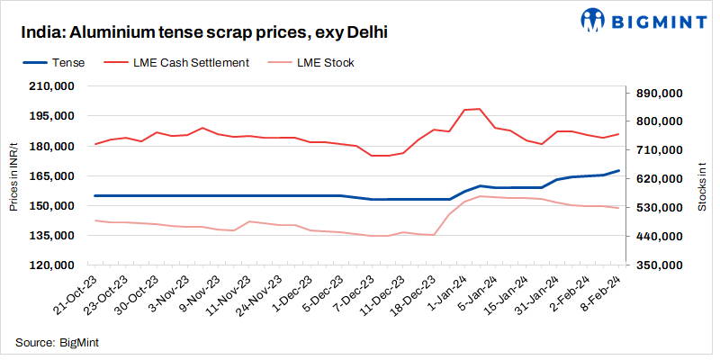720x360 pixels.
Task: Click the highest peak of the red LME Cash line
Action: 480,109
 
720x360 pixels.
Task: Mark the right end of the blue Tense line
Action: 618,170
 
